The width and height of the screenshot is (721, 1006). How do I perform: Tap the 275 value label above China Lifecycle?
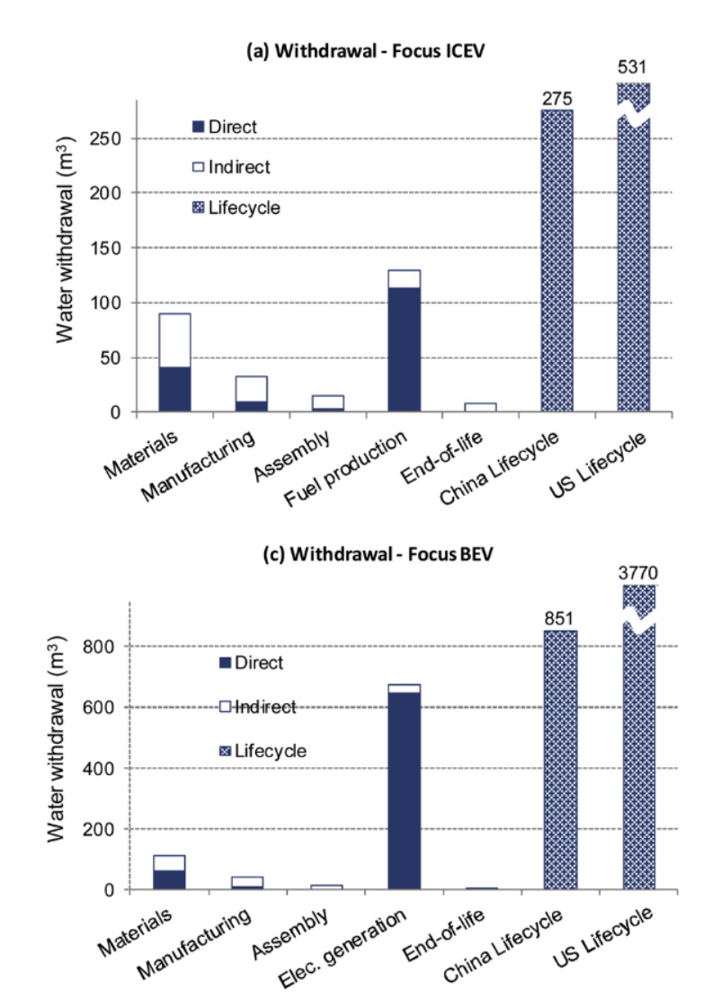(556, 97)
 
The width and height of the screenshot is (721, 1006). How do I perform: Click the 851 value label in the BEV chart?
(556, 618)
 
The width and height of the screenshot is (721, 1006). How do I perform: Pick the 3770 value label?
(633, 574)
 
